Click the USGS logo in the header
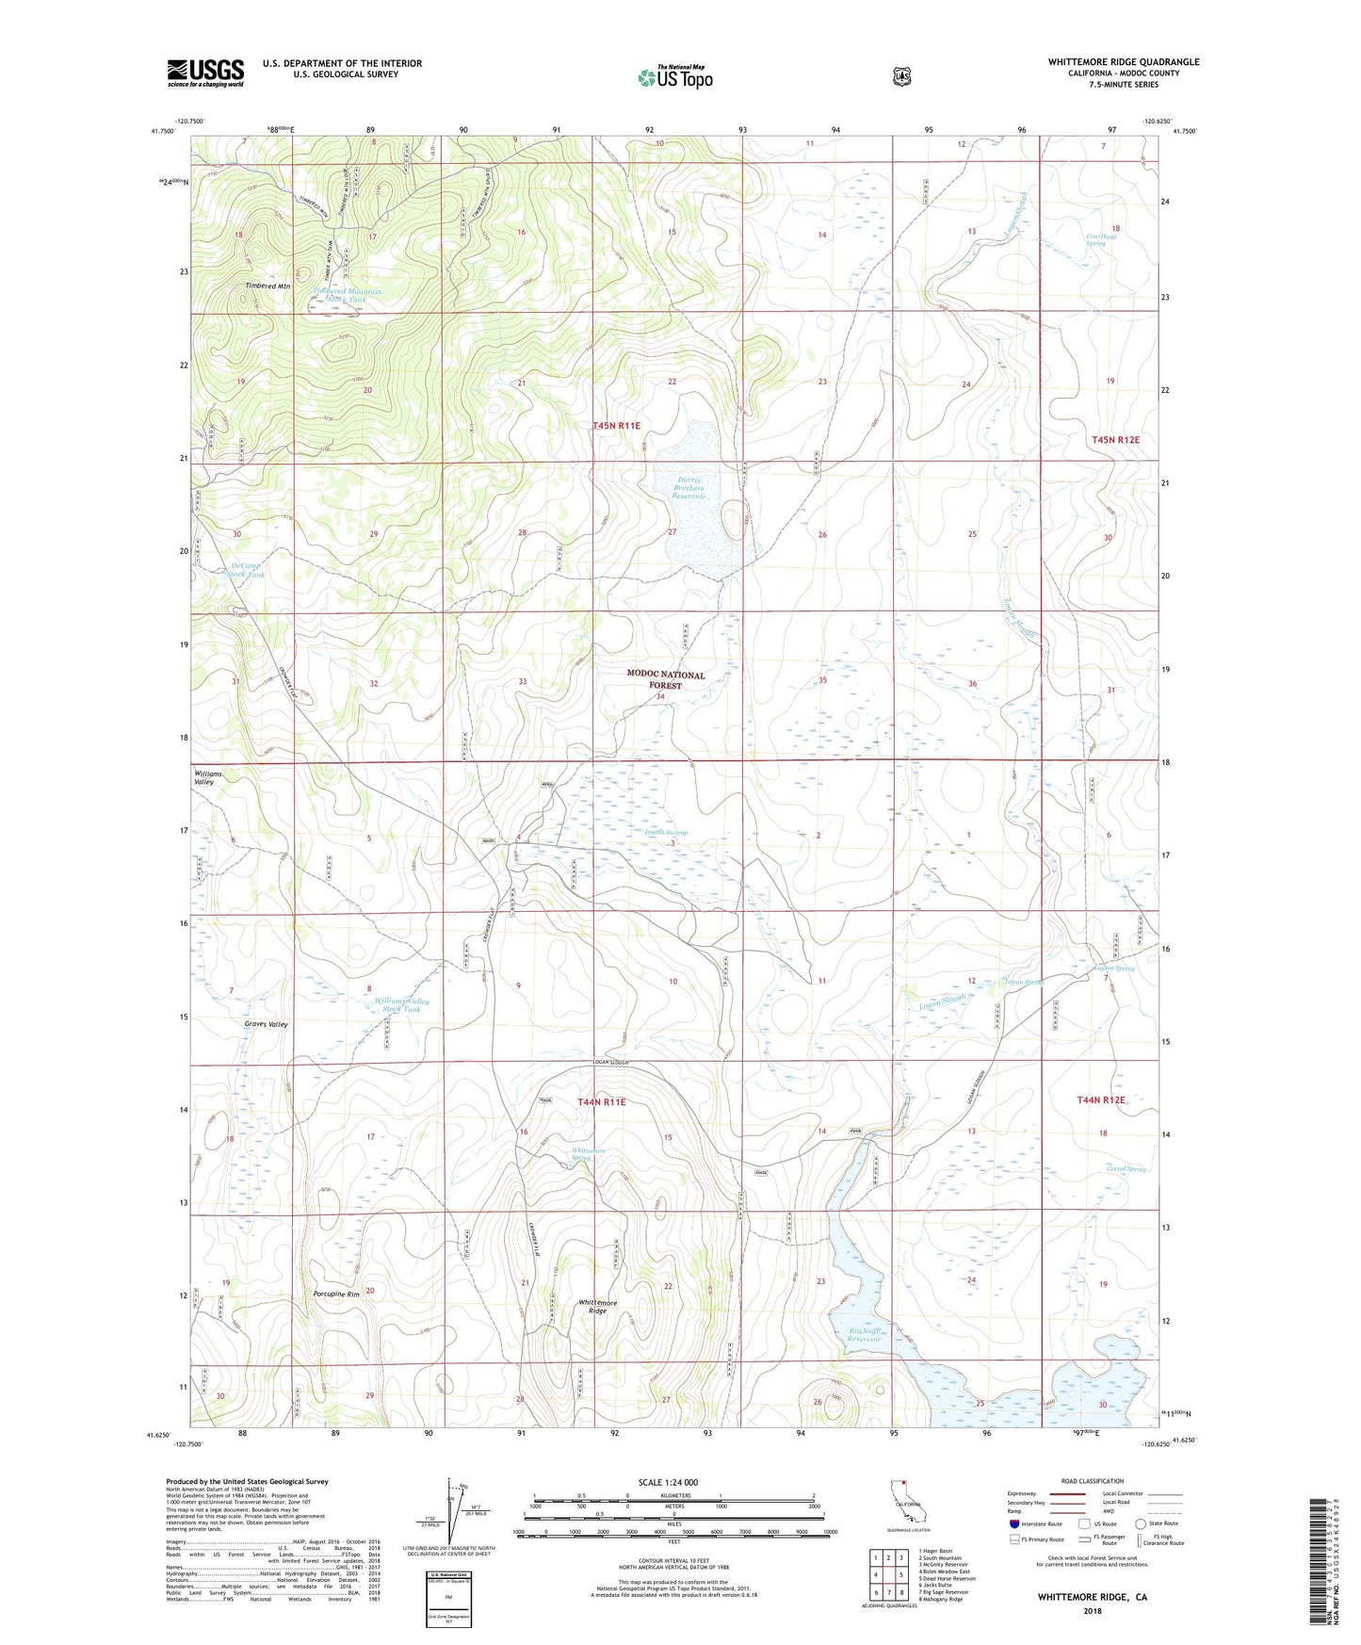coord(205,73)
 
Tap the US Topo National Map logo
coord(674,77)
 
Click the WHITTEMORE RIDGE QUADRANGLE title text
coord(1123,62)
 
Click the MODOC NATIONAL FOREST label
coord(666,680)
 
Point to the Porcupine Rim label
coord(337,1294)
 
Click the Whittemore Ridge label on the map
coord(597,1307)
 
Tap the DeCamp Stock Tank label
coord(248,570)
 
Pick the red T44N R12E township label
coord(1101,1099)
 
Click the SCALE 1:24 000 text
coord(668,1482)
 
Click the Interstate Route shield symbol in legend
coord(1013,1523)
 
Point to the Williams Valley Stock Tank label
coord(401,1004)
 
